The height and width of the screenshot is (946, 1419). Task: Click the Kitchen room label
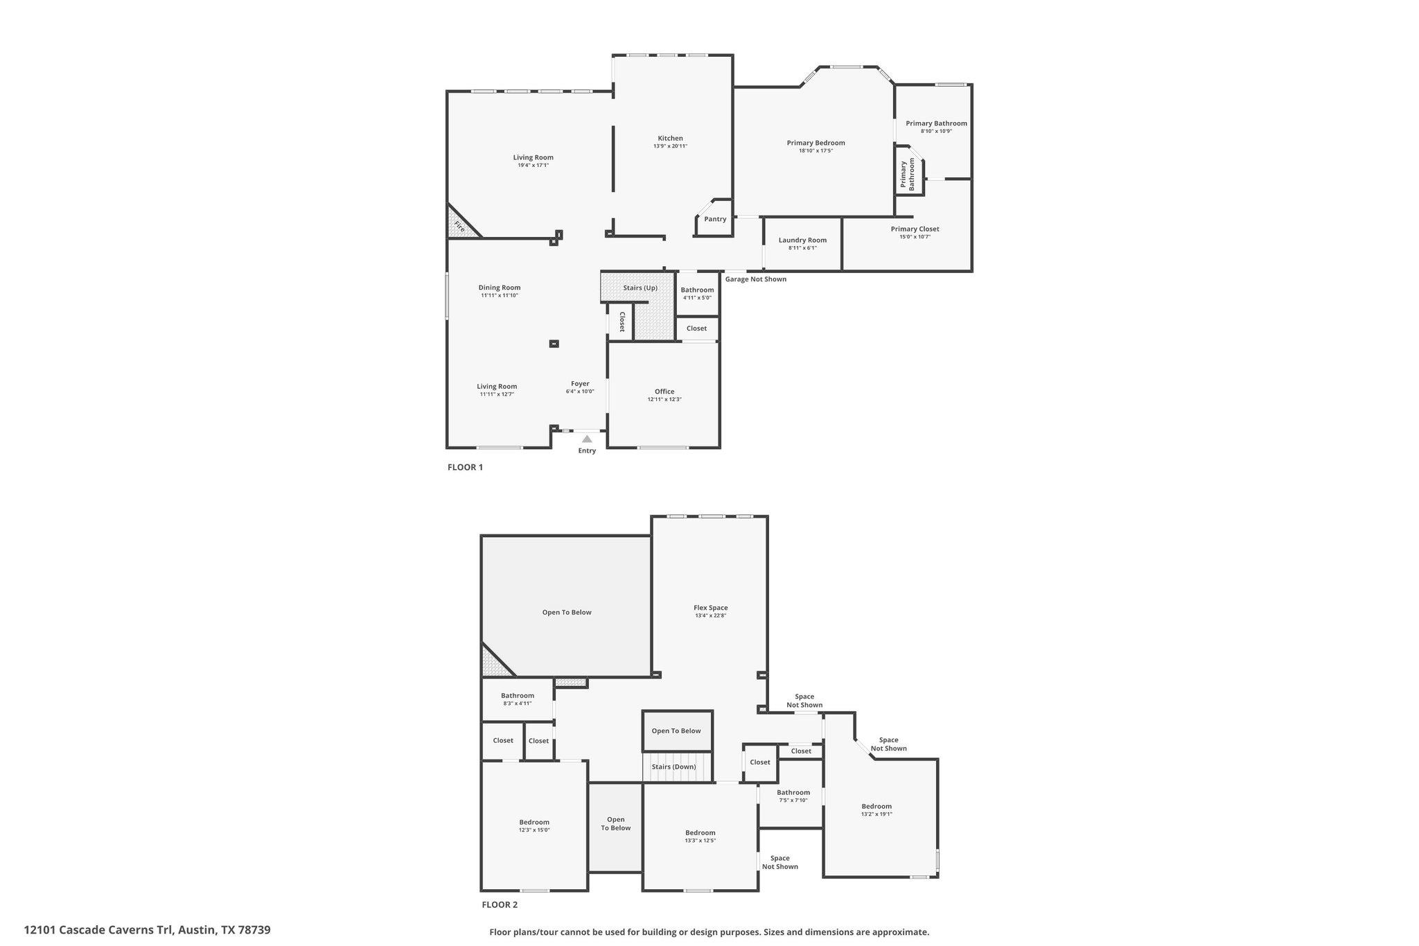point(670,139)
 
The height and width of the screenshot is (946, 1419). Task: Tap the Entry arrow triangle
point(587,439)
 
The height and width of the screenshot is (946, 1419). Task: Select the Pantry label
point(715,219)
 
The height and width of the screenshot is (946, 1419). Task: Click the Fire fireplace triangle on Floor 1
point(461,223)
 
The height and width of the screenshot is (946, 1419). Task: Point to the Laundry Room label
point(802,240)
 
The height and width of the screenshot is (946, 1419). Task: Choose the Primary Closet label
point(915,229)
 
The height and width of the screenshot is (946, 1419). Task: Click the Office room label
point(664,392)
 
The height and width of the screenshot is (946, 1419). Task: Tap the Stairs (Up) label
point(640,288)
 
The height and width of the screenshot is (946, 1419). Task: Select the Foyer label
point(580,384)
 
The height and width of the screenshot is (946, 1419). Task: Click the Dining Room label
point(500,288)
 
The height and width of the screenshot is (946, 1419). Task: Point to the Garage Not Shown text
point(756,279)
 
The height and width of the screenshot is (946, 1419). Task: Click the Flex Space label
point(711,608)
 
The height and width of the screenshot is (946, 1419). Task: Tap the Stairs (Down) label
point(674,767)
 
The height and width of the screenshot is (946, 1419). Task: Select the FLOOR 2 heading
point(500,904)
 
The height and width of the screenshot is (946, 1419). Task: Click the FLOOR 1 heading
point(465,467)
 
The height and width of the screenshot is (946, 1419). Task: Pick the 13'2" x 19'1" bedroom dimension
point(876,814)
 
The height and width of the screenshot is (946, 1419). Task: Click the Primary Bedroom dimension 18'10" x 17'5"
point(816,150)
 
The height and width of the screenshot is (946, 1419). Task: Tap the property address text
point(147,930)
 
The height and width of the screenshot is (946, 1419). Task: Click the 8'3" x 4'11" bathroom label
point(518,703)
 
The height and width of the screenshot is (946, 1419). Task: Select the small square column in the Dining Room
point(554,343)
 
